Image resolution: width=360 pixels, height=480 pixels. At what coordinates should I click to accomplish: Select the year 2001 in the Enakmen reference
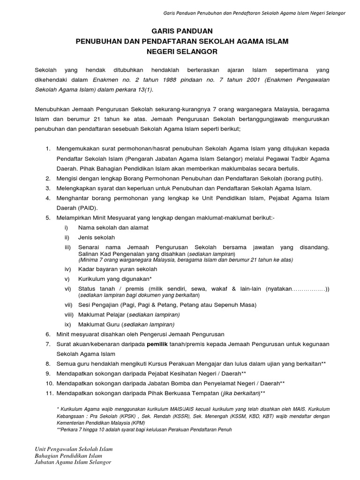(233, 80)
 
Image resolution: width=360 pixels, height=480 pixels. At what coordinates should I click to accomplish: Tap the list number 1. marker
(48, 149)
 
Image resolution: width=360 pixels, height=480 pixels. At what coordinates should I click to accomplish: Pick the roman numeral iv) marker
(68, 269)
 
